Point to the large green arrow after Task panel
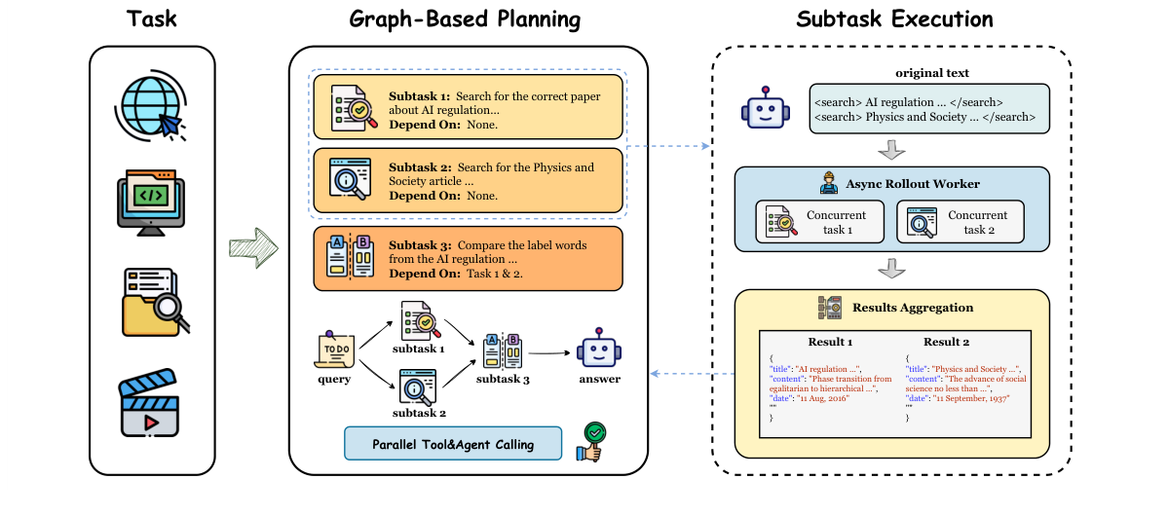tap(251, 247)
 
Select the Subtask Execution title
tap(894, 19)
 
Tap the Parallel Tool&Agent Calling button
tap(453, 444)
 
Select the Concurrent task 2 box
tap(960, 222)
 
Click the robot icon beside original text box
tap(766, 107)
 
